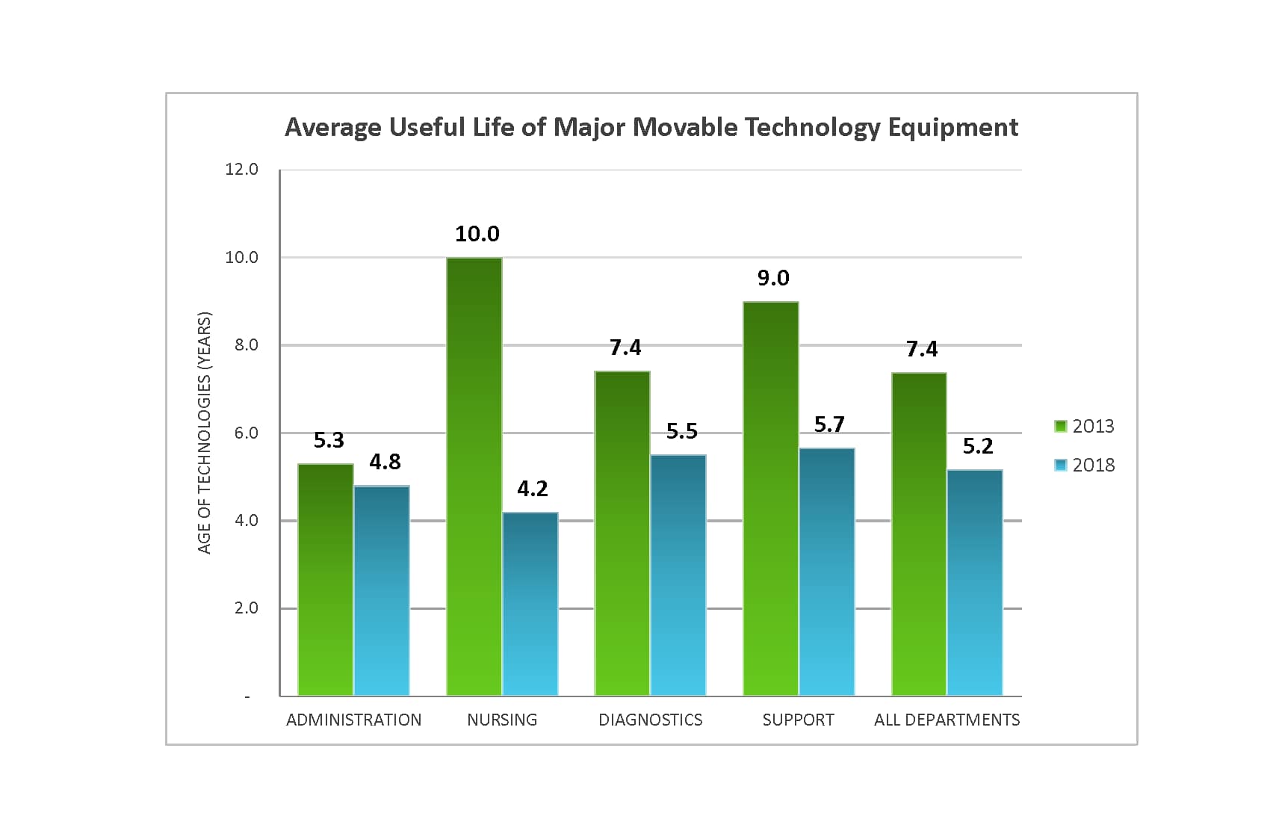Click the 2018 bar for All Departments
[975, 583]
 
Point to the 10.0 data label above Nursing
[477, 234]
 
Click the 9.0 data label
[773, 278]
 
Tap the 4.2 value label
[533, 489]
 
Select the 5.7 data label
[829, 424]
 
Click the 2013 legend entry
[1085, 426]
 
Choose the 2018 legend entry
[1085, 465]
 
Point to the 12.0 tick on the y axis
[241, 170]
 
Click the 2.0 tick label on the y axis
[246, 608]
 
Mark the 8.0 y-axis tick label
[246, 345]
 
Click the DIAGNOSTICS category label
[651, 720]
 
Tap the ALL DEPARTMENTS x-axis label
[947, 720]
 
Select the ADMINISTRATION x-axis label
[354, 720]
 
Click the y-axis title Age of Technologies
[205, 433]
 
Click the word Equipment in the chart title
[952, 128]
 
